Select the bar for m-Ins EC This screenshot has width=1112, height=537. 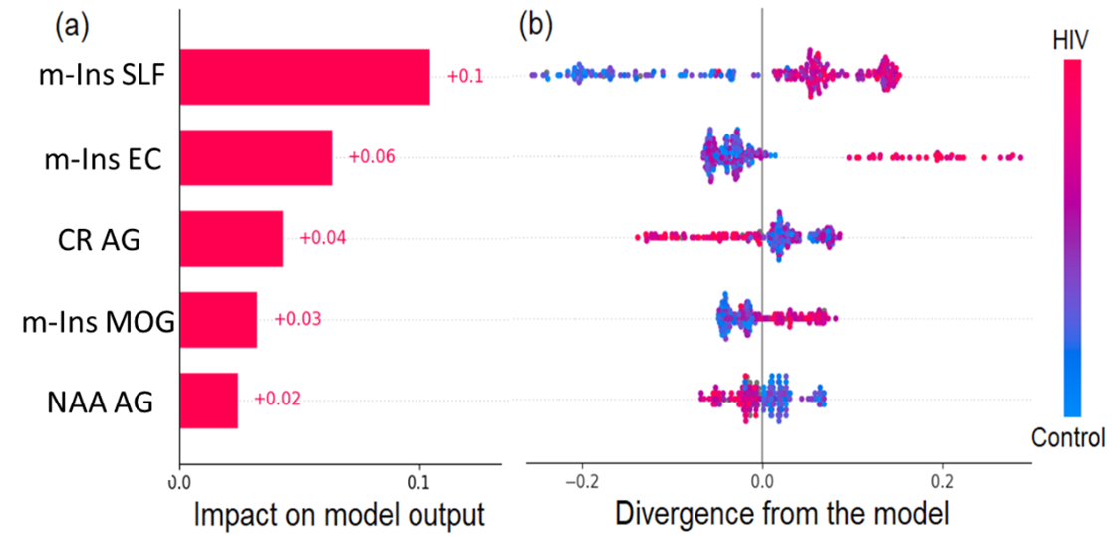(x=255, y=157)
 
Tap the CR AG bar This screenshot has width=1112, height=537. (x=230, y=238)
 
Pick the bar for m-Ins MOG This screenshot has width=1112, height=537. (x=217, y=319)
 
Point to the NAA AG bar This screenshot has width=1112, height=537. (x=208, y=400)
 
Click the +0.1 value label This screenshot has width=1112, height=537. (x=465, y=76)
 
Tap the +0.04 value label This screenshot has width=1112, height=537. (x=323, y=238)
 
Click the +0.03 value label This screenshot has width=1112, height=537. (x=297, y=319)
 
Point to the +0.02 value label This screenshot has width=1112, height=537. (x=277, y=400)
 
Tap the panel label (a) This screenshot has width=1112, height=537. (x=71, y=24)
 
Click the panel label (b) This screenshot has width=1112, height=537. (x=535, y=24)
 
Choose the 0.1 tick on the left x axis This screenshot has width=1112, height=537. (x=419, y=481)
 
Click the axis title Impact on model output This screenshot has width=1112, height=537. (x=339, y=515)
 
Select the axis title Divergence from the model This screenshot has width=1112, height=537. (x=782, y=515)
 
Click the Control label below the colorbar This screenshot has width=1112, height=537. (x=1067, y=437)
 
